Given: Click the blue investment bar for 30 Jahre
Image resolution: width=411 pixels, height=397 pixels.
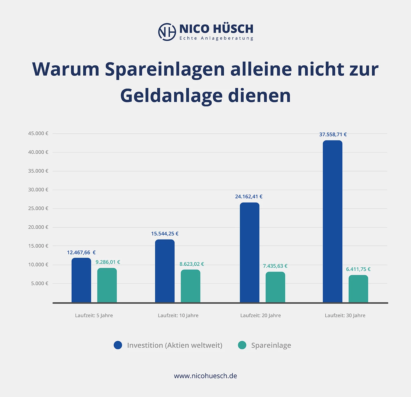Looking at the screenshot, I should coord(332,221).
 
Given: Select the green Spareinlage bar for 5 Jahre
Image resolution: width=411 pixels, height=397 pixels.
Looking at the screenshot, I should coord(107,285).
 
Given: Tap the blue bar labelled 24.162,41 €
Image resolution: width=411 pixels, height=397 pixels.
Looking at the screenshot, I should coord(250,252).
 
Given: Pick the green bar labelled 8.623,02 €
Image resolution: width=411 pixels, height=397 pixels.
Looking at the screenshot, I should coord(191,286).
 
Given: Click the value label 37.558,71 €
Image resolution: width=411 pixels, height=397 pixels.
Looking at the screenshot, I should coord(333,135).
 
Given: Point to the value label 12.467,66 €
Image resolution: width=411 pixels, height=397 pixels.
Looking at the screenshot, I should coord(81,252).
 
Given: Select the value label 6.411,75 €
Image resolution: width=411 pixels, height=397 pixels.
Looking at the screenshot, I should coord(358,269).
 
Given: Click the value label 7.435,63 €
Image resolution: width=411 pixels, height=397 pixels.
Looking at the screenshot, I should coord(275,266).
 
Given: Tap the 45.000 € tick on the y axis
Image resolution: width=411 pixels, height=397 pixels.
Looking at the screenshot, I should coord(38,133).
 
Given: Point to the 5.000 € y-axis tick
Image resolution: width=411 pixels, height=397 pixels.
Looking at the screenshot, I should coord(40,284).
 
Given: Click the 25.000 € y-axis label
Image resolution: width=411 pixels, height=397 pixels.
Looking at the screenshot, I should coord(38,208).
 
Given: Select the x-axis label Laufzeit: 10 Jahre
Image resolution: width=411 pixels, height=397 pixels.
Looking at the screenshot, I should coord(178,315).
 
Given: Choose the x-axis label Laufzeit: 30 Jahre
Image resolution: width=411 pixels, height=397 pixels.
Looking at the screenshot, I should coord(345,315).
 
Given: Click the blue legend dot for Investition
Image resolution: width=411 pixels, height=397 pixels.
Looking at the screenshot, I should coord(118,345).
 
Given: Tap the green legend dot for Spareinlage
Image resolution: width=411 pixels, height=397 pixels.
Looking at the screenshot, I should coord(242,345).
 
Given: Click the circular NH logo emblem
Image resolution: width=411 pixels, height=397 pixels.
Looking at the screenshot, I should coord(167,32).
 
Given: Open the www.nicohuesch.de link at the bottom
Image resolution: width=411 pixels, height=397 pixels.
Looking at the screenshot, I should coord(206,376).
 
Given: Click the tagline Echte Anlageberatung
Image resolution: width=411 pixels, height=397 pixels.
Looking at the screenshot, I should coord(216,38).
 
